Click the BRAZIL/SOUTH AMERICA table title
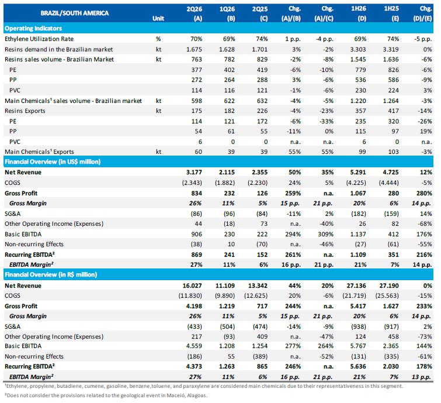pos(75,13)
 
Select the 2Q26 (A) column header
pos(195,13)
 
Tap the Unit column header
pos(158,18)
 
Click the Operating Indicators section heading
pos(33,29)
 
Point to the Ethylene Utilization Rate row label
pos(39,39)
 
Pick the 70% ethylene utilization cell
pos(196,39)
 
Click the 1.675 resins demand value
pos(194,49)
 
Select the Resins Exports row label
pos(25,111)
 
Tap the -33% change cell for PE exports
pos(327,122)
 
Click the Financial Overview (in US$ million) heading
pos(53,161)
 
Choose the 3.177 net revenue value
pos(194,173)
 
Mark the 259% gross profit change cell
pos(293,193)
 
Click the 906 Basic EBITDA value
pos(196,235)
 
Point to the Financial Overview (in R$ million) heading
pos(51,274)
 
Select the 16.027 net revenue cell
pos(192,285)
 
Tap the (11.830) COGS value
pos(190,296)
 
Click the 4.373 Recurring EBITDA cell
pos(194,366)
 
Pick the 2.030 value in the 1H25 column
pos(391,366)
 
